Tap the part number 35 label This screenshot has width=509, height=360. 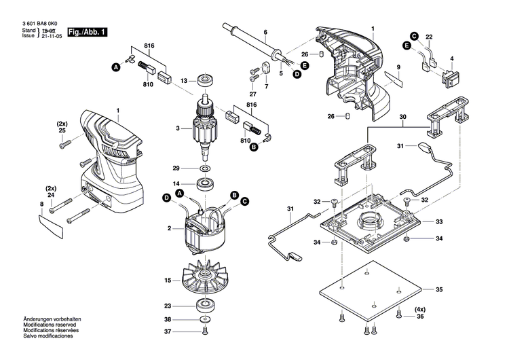click(x=439, y=290)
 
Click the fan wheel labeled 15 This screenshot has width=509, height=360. click(x=204, y=279)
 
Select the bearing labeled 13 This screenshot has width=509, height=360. click(x=204, y=81)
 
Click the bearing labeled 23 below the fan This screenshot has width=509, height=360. click(x=204, y=305)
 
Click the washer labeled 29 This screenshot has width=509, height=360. click(x=204, y=168)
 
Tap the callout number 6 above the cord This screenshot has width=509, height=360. click(x=265, y=32)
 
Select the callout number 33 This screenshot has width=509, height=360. click(x=439, y=222)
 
